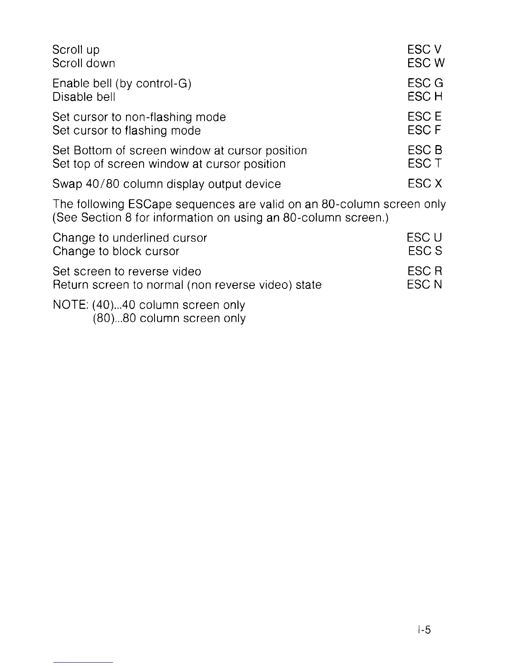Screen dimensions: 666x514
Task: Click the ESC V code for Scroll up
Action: click(x=424, y=50)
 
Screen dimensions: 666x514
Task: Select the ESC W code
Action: click(x=426, y=63)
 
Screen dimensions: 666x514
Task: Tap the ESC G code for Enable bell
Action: click(x=425, y=83)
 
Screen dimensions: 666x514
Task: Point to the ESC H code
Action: click(x=425, y=97)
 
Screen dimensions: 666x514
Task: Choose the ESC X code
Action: click(x=425, y=184)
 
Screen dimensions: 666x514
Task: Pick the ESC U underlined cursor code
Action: click(x=425, y=238)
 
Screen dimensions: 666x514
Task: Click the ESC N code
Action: click(x=425, y=285)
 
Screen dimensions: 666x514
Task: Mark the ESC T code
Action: click(x=425, y=164)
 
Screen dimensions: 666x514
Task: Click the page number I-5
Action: click(x=424, y=630)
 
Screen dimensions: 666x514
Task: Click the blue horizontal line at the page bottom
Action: click(x=83, y=662)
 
